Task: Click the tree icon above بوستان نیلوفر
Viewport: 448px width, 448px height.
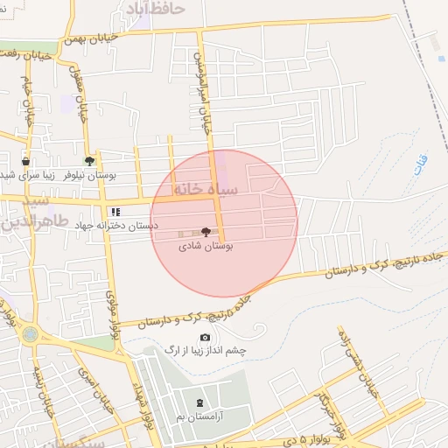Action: (x=89, y=160)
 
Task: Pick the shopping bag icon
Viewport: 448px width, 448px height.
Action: (x=25, y=161)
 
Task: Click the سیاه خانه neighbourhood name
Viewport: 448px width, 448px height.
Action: (x=201, y=188)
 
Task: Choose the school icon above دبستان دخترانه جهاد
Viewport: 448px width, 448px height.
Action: (x=115, y=211)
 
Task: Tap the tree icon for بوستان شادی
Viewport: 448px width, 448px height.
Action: (x=206, y=232)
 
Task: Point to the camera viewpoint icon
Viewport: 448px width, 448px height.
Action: (x=205, y=337)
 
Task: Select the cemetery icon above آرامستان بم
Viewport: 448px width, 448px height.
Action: (x=200, y=402)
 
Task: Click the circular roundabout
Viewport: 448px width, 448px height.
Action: (x=31, y=333)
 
